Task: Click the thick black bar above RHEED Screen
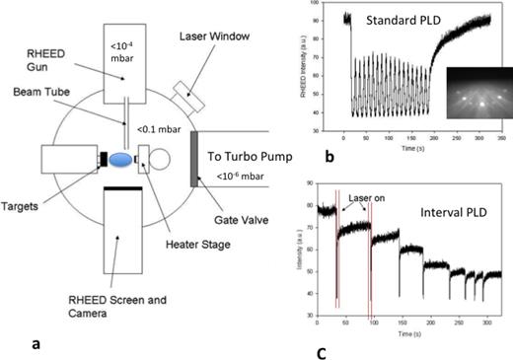click(x=132, y=187)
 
